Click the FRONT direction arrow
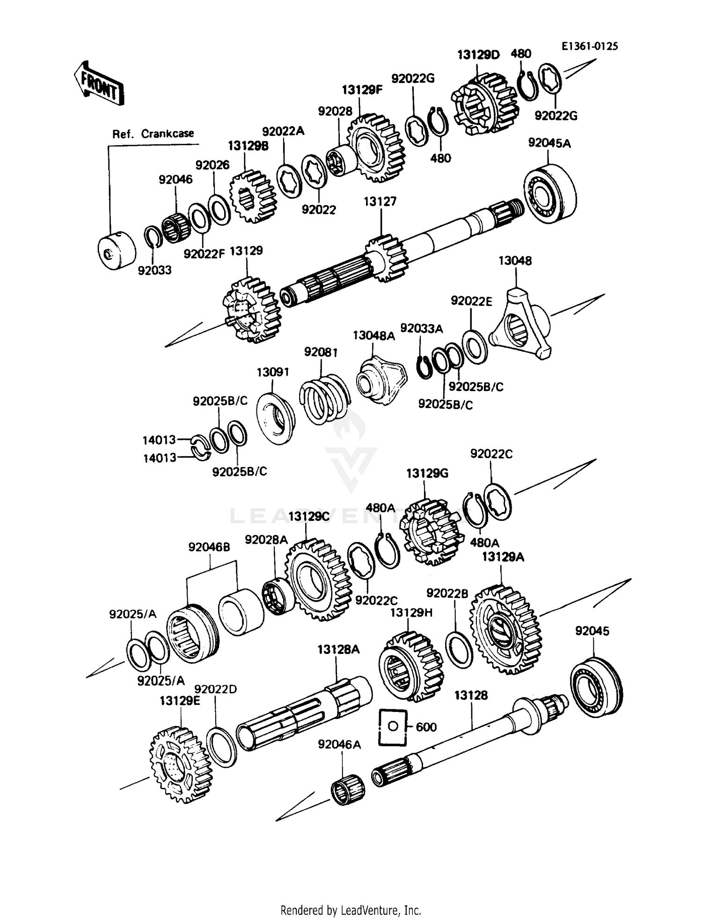(x=99, y=83)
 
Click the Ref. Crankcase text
(x=153, y=134)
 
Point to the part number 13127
(x=380, y=201)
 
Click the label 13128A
(x=338, y=650)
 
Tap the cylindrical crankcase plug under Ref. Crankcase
(x=117, y=251)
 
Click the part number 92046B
(x=209, y=547)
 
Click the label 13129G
(x=427, y=474)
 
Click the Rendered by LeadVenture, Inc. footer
(x=351, y=910)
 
